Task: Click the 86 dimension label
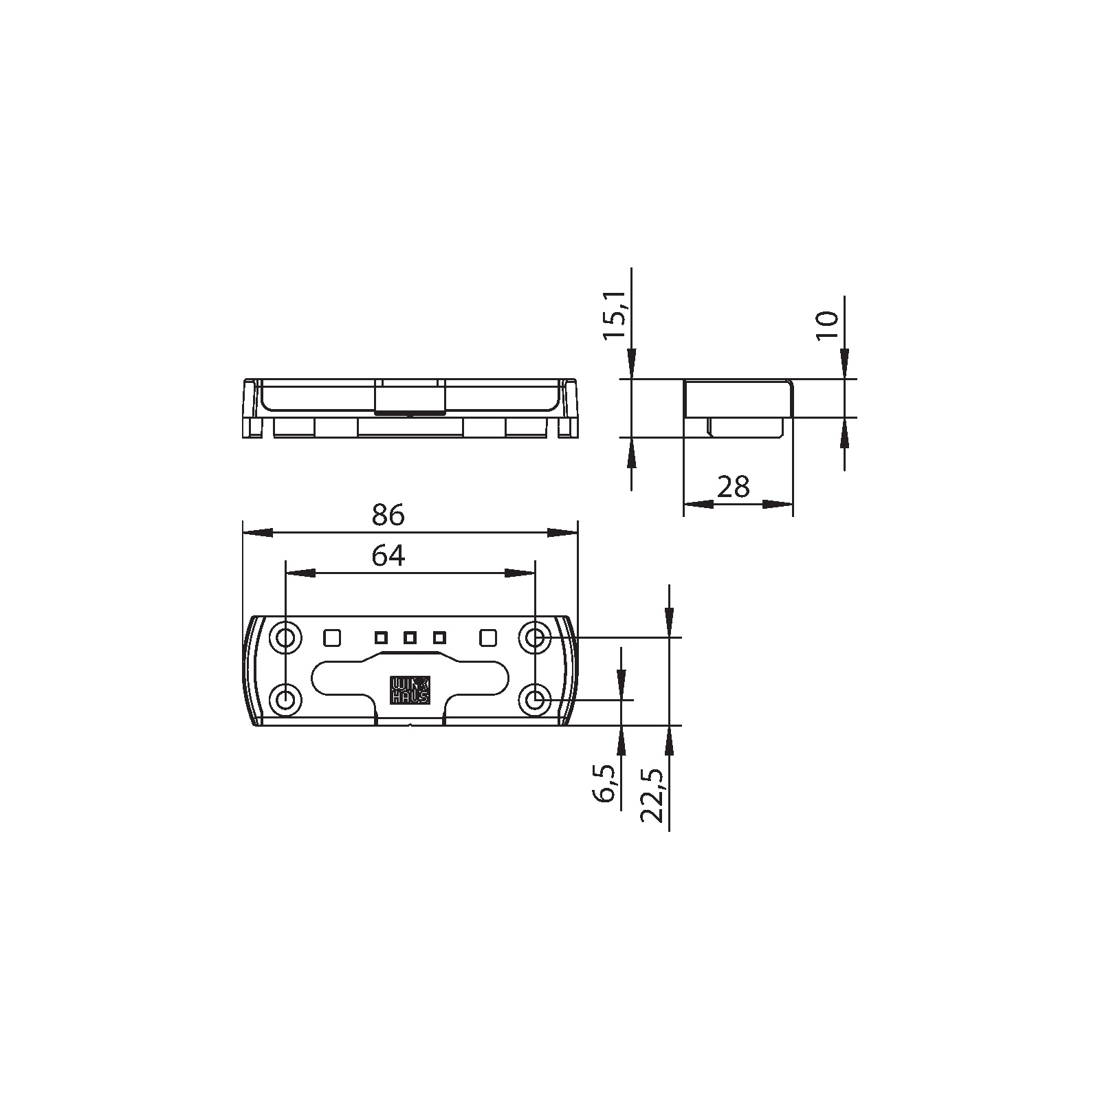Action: (388, 515)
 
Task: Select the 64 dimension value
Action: (388, 555)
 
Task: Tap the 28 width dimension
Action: (733, 487)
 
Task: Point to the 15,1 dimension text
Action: (615, 314)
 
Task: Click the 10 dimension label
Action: (828, 324)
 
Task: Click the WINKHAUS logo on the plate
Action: (410, 690)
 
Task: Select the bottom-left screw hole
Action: (285, 700)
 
